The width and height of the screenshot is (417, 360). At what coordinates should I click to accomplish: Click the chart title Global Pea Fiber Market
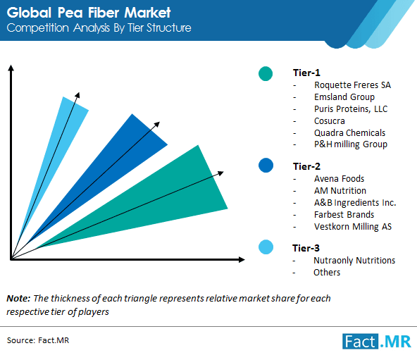click(89, 12)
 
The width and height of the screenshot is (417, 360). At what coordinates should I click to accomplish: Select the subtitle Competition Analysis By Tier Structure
click(99, 28)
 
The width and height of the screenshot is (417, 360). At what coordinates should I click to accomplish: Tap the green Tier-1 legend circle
click(266, 73)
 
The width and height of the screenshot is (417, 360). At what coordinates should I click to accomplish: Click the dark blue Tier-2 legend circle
click(266, 166)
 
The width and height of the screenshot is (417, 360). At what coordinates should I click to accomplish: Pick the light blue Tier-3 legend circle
click(266, 247)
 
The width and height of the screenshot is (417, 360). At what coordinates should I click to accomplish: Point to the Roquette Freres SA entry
click(352, 85)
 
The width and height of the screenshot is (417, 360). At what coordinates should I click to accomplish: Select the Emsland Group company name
click(344, 97)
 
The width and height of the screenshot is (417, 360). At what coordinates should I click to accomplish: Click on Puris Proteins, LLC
click(351, 108)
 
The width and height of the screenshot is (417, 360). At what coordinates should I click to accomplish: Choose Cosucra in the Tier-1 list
click(330, 120)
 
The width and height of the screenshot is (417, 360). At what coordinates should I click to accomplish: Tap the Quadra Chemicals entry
click(349, 132)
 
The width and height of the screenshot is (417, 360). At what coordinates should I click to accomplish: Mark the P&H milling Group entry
click(351, 144)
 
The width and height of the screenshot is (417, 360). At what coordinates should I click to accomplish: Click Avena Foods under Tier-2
click(340, 178)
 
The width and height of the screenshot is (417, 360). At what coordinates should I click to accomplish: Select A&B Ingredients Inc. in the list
click(355, 202)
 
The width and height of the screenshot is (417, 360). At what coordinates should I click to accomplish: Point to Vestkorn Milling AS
click(354, 226)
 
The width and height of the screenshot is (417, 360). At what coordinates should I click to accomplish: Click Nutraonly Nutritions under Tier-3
click(354, 260)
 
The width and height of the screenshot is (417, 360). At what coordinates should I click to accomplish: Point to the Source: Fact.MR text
click(39, 340)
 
